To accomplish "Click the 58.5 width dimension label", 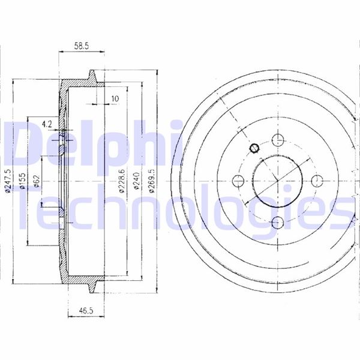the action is pos(81,46).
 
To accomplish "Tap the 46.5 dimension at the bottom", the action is pos(86,311).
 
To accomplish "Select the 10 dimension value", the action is pos(115,99).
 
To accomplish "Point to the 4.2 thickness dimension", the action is pos(47,124).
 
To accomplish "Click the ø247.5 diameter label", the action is pos(8,181).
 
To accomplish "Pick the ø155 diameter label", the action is pos(22,181).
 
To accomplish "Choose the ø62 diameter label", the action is pos(37,181).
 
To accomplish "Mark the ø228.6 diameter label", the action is pos(121,181).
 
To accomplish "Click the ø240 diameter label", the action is pos(136,181).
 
